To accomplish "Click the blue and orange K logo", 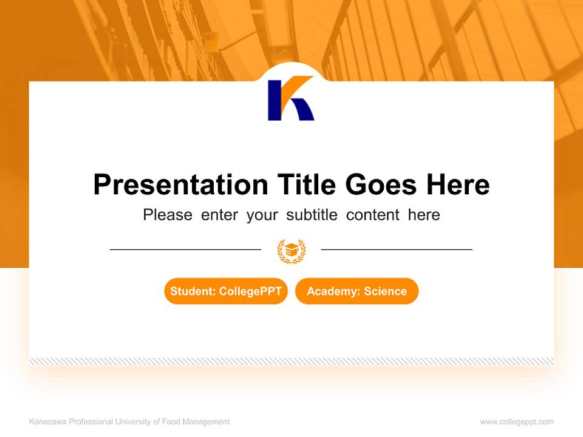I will coord(291,99).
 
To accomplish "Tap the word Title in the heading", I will coord(307,185).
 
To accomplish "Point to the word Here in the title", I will coord(457,185).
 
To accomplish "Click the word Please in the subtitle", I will coord(168,215).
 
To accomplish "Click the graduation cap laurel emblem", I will coord(291,250).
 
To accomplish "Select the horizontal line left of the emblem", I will coord(185,249).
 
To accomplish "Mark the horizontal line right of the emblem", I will coord(397,249).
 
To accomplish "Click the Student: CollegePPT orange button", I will coord(226,291).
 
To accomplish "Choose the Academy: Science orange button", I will coord(356,291).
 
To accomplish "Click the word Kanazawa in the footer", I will coord(47,422).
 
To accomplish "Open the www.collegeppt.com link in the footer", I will coord(517,422).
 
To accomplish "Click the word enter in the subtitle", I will coord(219,215).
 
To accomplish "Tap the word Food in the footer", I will coord(171,422).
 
